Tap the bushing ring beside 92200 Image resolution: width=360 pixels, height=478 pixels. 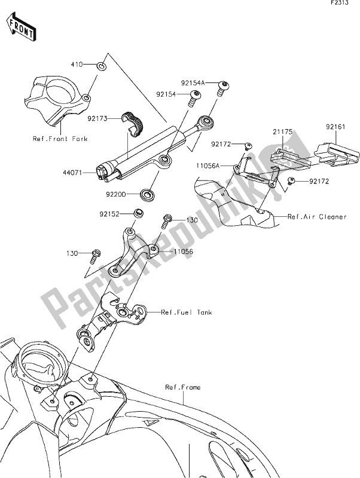point(145,195)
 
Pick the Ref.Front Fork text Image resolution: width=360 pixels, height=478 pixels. point(60,139)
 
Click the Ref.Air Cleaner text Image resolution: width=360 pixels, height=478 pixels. point(317,217)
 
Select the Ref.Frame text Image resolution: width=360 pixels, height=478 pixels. point(183,387)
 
